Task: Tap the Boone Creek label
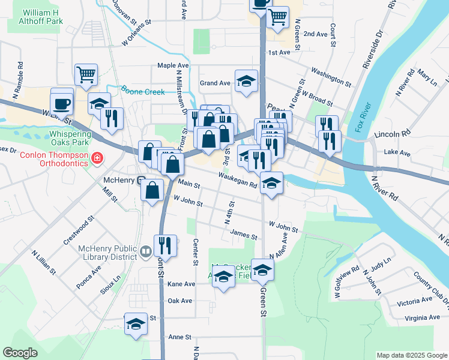point(142,91)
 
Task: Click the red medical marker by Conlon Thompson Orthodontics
point(97,159)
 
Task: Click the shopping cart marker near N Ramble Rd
point(86,75)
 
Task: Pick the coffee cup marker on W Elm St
point(62,103)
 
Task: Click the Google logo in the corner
point(20,353)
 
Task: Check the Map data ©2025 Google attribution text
point(411,355)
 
